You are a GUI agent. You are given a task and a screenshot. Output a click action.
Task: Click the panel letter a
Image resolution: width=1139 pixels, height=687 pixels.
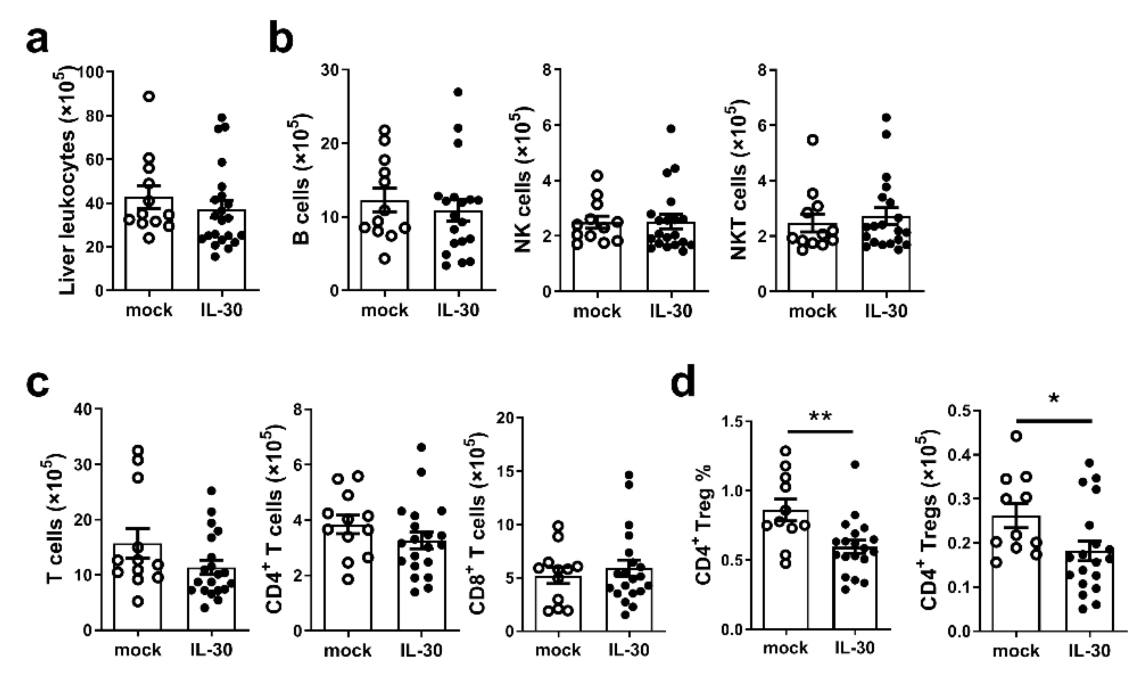coord(37,41)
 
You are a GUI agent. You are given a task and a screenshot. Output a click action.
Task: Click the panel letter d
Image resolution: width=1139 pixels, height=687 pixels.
coord(683,381)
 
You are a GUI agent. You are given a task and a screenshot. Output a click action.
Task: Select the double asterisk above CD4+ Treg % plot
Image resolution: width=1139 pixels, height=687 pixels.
coord(820,416)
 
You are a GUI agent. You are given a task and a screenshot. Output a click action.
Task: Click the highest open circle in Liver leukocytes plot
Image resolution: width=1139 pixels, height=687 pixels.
coord(149,96)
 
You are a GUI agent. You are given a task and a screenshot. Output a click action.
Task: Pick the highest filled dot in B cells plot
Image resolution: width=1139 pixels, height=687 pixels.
coord(458,92)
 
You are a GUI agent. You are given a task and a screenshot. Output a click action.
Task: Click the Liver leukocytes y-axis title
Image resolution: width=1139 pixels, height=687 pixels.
coord(68,180)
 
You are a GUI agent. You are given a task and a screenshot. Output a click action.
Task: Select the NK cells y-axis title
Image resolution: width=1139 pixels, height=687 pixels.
coord(522,180)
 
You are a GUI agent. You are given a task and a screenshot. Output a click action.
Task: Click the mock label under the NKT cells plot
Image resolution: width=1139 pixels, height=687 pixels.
coord(812,311)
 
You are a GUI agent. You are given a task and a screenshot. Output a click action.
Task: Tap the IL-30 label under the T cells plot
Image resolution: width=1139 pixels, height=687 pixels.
coord(211,649)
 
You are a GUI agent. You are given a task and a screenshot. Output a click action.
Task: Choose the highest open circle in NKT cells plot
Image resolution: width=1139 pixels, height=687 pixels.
coord(812,139)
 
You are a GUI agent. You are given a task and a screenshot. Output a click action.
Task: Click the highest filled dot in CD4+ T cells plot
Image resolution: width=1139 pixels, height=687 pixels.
coord(421,447)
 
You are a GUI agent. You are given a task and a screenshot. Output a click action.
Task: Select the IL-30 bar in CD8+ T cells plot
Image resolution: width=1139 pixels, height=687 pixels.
coord(629,601)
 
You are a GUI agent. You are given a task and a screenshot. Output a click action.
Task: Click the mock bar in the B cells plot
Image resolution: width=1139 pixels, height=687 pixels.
coord(385,250)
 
